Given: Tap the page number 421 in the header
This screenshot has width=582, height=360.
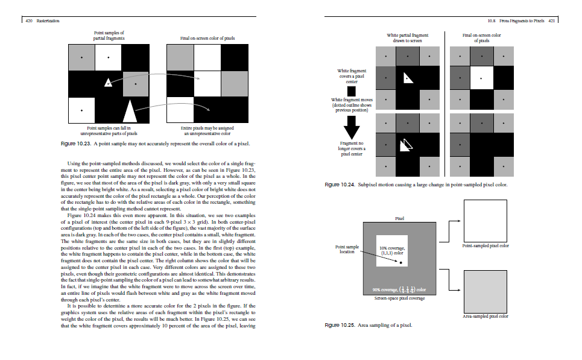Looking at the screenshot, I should [549, 21].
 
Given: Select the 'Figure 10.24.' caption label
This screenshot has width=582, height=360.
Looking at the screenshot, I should [339, 185].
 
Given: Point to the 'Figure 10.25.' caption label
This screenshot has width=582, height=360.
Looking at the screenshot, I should [339, 325].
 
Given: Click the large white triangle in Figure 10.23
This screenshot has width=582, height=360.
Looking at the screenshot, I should [130, 110].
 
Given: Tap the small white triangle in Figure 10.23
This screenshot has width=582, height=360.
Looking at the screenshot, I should [107, 83].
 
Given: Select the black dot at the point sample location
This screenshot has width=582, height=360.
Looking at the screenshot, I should [400, 262].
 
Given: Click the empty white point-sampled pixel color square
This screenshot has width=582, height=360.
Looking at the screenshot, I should [485, 221].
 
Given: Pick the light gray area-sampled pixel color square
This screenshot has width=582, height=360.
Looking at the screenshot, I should [485, 291].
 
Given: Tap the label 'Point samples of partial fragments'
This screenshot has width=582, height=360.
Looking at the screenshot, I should [109, 35].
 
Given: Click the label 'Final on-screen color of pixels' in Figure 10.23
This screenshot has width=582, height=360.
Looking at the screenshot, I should [207, 38].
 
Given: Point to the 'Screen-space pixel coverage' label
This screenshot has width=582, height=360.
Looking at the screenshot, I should [399, 298].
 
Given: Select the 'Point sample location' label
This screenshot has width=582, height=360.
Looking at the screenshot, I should [347, 249].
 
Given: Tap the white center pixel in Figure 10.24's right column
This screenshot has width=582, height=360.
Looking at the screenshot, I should [481, 78].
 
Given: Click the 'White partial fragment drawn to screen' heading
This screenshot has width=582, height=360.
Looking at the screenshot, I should [408, 38].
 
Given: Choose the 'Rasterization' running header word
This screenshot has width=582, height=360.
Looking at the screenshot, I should [47, 21].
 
